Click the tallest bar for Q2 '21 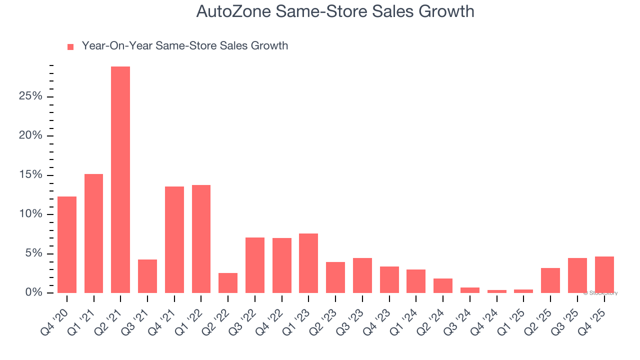[x=120, y=180]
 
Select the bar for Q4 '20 [x=67, y=245]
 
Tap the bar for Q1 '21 [x=93, y=233]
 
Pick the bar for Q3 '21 [x=147, y=276]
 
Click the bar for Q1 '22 [x=201, y=239]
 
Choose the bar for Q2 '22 [x=228, y=283]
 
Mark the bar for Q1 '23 [x=308, y=263]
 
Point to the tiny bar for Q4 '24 [x=496, y=291]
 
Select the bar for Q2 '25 [x=550, y=280]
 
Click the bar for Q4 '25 [x=604, y=274]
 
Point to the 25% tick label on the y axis [x=30, y=96]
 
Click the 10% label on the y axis [x=30, y=214]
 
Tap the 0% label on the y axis [x=34, y=293]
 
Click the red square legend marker [x=70, y=46]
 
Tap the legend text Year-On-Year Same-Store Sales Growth [x=184, y=46]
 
